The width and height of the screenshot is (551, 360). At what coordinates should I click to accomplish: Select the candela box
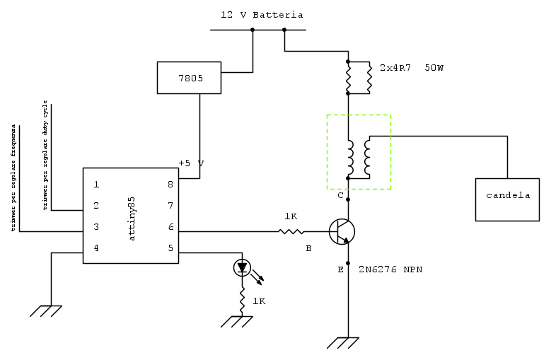tap(508, 195)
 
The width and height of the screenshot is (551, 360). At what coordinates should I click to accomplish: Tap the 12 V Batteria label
tap(262, 15)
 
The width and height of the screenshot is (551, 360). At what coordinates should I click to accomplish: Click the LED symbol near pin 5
tap(243, 268)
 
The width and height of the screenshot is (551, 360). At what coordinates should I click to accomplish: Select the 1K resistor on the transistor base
tap(290, 231)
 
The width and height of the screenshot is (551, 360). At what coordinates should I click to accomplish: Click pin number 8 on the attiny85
tap(170, 185)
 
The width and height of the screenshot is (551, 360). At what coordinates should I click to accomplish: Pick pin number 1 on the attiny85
tap(96, 185)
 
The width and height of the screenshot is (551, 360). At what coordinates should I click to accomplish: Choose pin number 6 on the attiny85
tap(170, 227)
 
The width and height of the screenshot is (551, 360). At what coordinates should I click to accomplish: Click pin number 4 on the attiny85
tap(96, 248)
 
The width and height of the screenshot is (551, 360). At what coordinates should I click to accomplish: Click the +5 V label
tap(191, 163)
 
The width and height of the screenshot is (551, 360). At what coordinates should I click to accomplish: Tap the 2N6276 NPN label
tap(390, 269)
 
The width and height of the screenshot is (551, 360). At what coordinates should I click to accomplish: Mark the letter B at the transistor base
tap(308, 248)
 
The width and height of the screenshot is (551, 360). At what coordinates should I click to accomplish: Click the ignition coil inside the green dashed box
tap(359, 158)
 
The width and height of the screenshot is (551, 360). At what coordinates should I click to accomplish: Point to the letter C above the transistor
tap(340, 195)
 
